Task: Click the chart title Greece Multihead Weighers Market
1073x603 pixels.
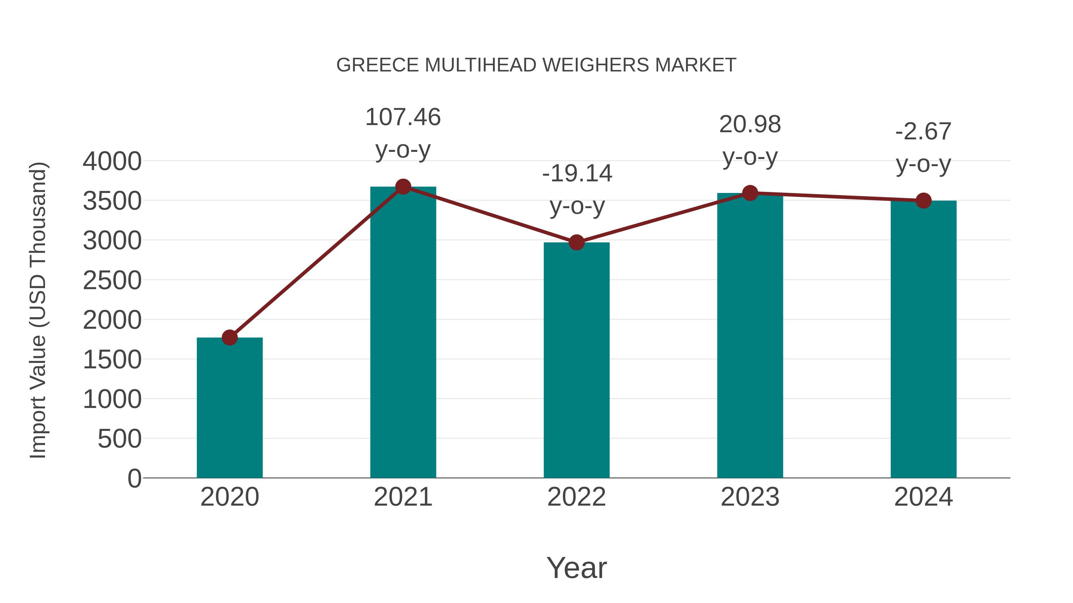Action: click(536, 65)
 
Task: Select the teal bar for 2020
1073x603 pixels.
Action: click(230, 408)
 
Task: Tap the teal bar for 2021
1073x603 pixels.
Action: click(403, 333)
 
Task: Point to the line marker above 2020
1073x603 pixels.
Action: click(230, 337)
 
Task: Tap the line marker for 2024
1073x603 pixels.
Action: click(923, 201)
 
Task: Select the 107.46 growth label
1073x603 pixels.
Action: click(403, 117)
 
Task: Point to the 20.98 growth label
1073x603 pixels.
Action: click(750, 124)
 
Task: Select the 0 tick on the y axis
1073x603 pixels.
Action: click(134, 478)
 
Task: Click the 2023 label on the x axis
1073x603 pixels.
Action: click(750, 497)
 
